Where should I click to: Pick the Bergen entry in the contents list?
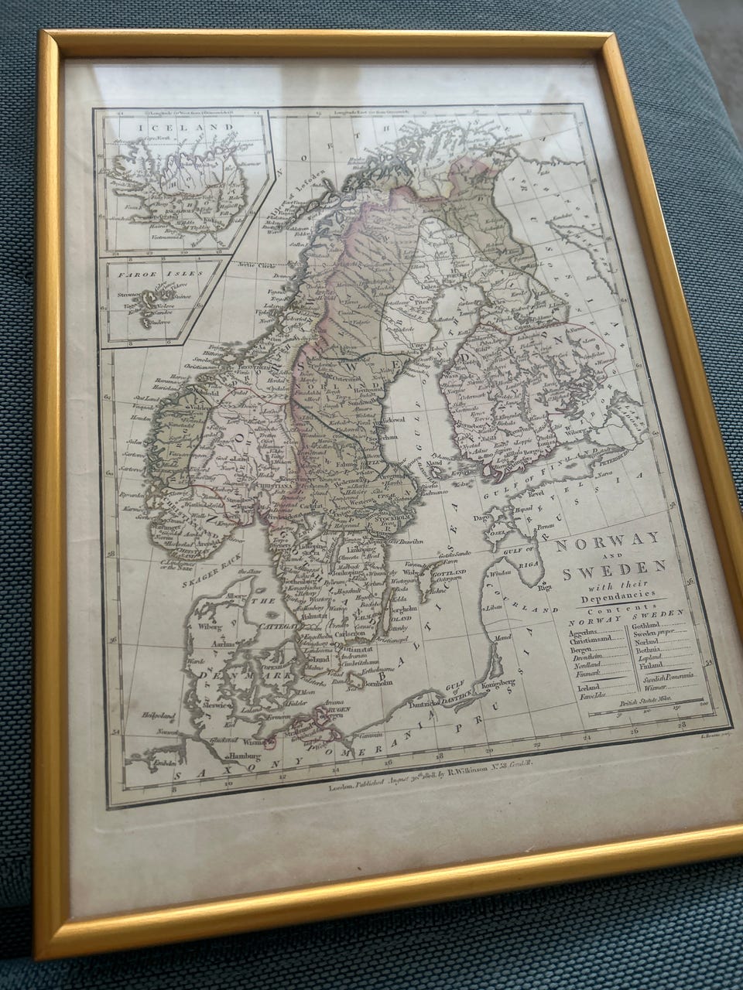(581, 652)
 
